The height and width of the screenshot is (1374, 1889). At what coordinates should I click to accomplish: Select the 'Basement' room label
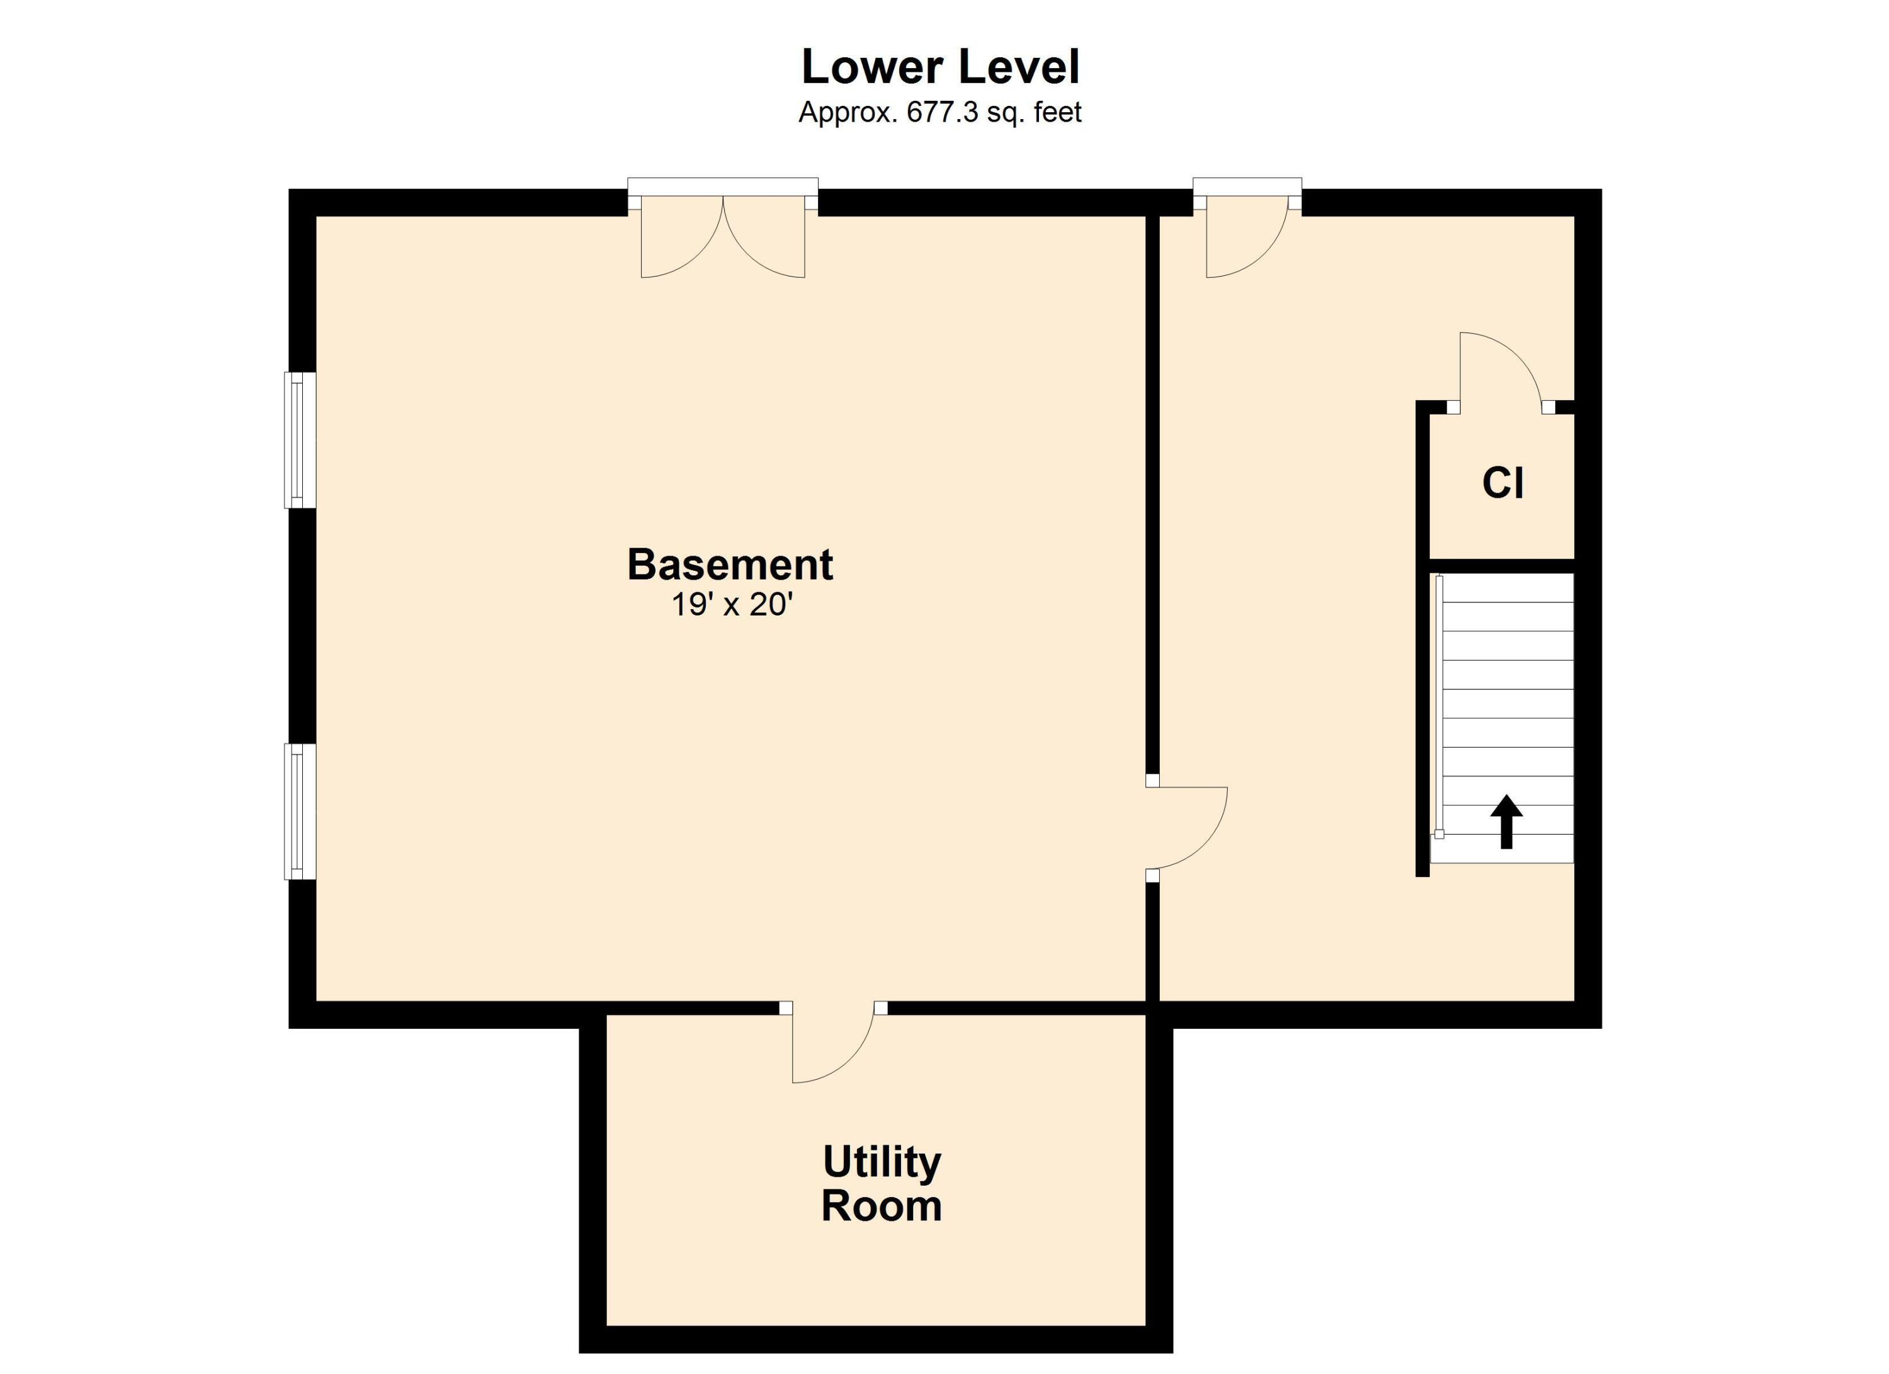tap(730, 565)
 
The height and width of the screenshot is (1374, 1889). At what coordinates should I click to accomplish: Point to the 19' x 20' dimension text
tap(731, 605)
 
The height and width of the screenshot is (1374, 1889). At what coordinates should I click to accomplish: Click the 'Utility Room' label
tap(882, 1184)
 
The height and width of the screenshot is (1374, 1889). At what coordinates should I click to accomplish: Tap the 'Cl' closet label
tap(1504, 483)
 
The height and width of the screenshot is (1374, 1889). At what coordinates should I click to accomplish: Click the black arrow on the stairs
tap(1506, 822)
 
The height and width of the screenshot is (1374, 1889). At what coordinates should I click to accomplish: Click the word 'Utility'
tap(882, 1163)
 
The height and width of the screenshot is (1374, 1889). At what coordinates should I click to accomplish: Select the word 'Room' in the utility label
tap(882, 1206)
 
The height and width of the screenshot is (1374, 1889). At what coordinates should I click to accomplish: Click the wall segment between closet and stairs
tap(1502, 566)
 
